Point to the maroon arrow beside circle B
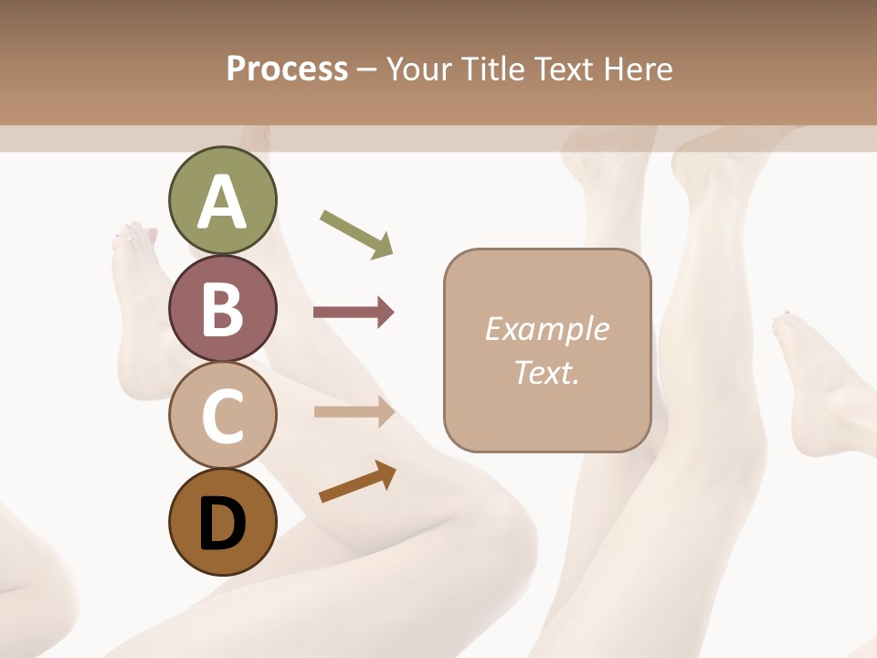[x=354, y=313]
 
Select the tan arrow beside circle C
[x=354, y=412]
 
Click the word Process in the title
[x=287, y=69]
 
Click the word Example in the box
[x=546, y=330]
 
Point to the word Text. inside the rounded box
[x=546, y=372]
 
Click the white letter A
[x=222, y=202]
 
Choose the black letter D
[x=222, y=525]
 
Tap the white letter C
[x=222, y=417]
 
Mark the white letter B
[x=222, y=310]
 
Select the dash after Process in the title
[x=367, y=70]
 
